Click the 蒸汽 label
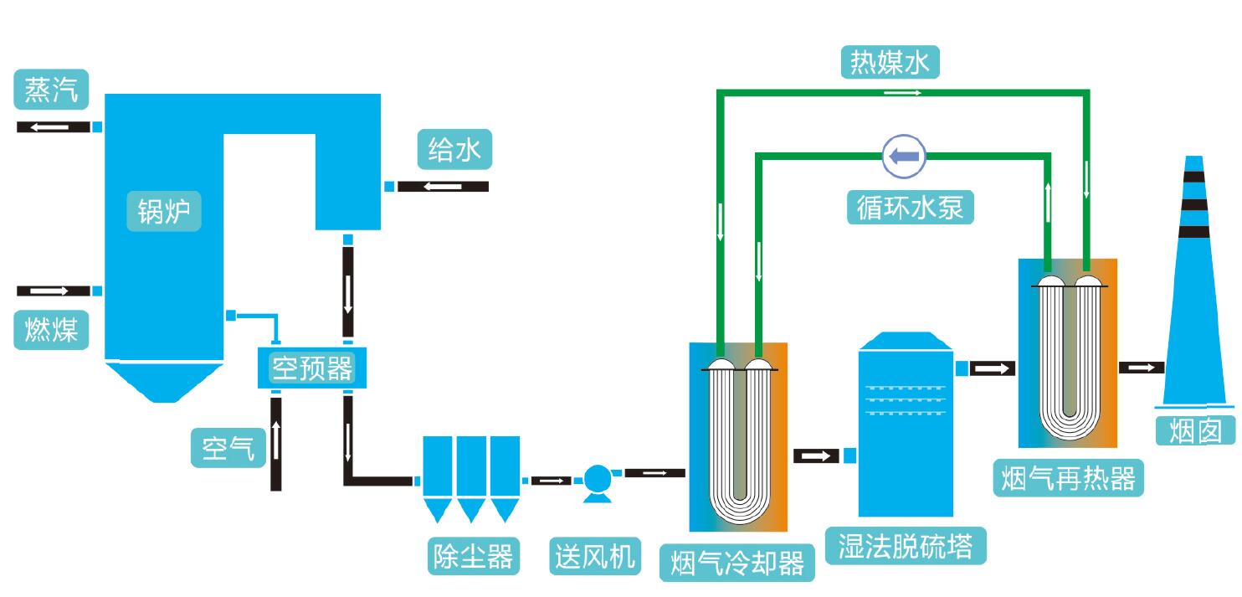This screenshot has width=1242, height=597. coord(51,90)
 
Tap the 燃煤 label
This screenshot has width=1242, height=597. coord(51,330)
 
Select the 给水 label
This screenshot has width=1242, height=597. coord(454,151)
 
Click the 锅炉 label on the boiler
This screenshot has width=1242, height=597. coord(164,212)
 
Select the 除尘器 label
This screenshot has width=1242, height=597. coord(471,555)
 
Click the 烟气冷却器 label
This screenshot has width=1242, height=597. coord(737,563)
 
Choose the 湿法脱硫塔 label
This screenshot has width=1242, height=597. coord(905,546)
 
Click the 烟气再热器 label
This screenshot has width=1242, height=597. coord(1068,478)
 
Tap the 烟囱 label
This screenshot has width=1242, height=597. coord(1194,430)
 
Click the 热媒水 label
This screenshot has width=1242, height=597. coord(890,63)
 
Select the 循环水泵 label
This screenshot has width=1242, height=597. coord(911,206)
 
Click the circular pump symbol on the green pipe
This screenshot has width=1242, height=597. coord(904,155)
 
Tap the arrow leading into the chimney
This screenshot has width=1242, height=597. coord(1142,368)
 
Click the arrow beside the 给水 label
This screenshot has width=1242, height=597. coord(443,186)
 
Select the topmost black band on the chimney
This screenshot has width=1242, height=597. coord(1193,177)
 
